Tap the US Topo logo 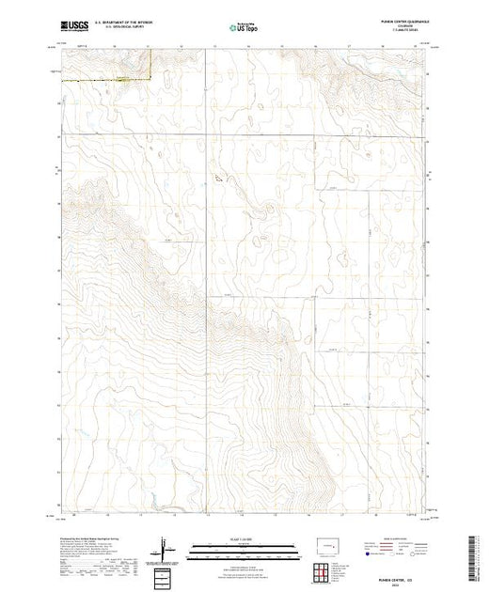click(243, 28)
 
